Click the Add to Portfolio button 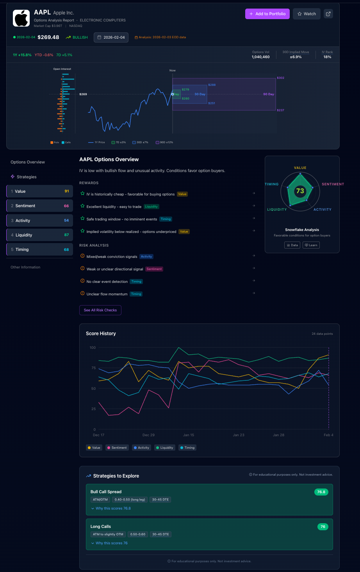click(x=267, y=14)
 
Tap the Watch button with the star click(x=307, y=14)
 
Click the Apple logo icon click(x=21, y=18)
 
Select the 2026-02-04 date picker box click(x=111, y=37)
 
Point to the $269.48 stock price click(x=48, y=37)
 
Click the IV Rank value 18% click(x=327, y=57)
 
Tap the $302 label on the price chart click(x=280, y=78)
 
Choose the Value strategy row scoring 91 click(x=39, y=191)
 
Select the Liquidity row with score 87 click(x=39, y=235)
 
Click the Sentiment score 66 click(x=66, y=206)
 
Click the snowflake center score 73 click(x=300, y=191)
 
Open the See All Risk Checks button click(x=100, y=310)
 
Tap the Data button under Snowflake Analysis click(x=292, y=245)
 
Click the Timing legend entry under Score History click(x=187, y=448)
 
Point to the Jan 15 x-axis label click(x=189, y=435)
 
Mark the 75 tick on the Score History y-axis click(x=93, y=368)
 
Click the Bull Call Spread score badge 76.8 click(x=321, y=492)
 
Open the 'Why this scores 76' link click(x=111, y=543)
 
